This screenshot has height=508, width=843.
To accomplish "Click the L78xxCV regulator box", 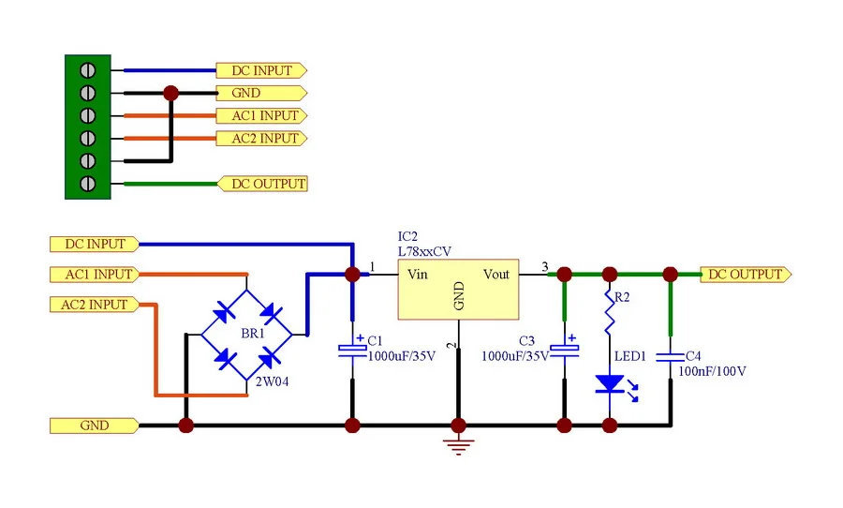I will [459, 291].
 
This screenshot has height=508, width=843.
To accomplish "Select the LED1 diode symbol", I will [610, 383].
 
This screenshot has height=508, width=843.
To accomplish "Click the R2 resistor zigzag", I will [610, 317].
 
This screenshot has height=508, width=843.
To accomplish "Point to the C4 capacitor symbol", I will [670, 356].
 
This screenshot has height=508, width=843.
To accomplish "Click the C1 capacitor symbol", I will [352, 350].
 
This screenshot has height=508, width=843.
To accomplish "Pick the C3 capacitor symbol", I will [565, 350].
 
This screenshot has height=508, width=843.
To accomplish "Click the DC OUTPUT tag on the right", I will [746, 275].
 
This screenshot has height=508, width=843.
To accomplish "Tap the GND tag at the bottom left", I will [94, 426].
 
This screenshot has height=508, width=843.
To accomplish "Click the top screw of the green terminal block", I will [88, 70].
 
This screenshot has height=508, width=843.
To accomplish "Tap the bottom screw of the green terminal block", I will [88, 184].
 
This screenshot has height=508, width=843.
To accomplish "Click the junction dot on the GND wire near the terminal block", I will [170, 93].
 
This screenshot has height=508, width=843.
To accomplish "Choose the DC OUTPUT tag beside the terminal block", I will [263, 184].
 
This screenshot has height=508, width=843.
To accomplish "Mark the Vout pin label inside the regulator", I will [496, 274].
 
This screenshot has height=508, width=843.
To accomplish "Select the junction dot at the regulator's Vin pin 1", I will [352, 275].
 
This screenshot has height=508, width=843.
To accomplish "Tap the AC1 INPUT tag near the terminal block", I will [261, 116].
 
